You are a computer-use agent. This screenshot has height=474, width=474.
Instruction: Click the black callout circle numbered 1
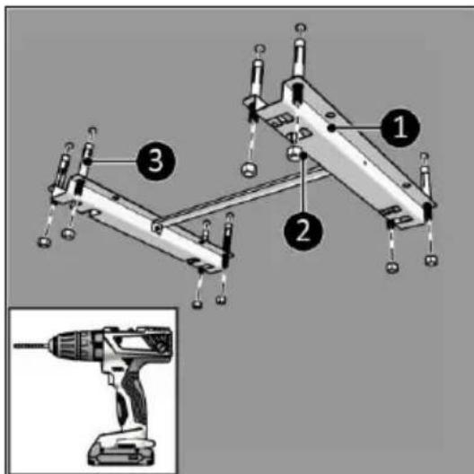(x=400, y=127)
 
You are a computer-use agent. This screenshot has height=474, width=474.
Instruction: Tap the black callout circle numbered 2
(x=303, y=232)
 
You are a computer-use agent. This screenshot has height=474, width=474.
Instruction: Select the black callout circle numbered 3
(x=155, y=161)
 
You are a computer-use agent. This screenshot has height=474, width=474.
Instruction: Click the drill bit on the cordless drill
(x=31, y=346)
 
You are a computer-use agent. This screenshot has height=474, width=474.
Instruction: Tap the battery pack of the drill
(x=121, y=450)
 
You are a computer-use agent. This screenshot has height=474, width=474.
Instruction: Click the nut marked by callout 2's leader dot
(x=294, y=154)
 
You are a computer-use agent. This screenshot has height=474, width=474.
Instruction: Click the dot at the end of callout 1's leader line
(x=332, y=128)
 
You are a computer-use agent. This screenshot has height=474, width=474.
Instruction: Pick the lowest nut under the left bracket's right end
(x=197, y=303)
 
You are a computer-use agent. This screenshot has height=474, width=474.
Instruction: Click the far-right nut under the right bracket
(x=432, y=260)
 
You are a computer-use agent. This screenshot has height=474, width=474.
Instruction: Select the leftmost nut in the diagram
(x=45, y=242)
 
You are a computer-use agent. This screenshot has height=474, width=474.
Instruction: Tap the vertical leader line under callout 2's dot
(x=303, y=185)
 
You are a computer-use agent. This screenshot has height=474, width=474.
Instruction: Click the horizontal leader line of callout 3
(x=112, y=162)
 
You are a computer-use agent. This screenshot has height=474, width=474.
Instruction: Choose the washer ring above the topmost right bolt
(x=301, y=28)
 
